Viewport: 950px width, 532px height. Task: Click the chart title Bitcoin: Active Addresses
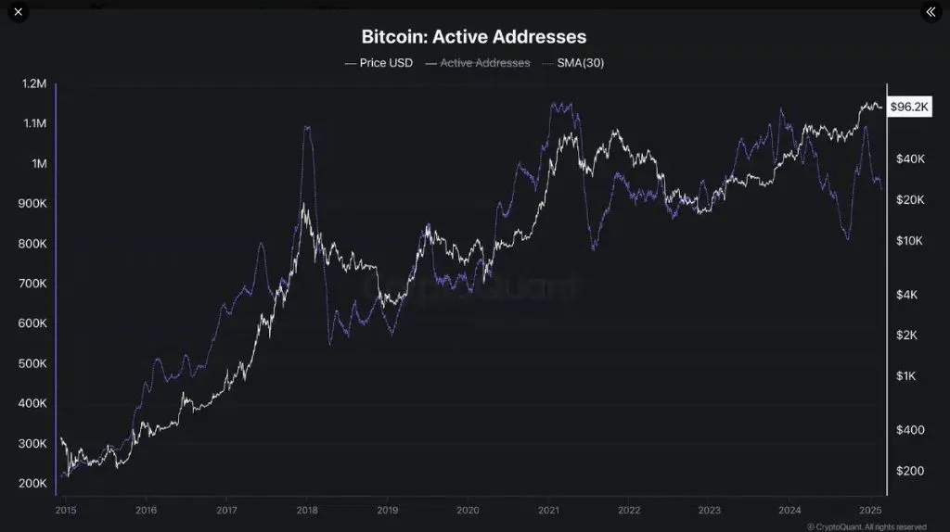pyautogui.click(x=473, y=37)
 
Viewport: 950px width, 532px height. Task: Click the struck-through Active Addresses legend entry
pyautogui.click(x=478, y=63)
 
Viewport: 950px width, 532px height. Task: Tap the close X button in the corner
pyautogui.click(x=18, y=12)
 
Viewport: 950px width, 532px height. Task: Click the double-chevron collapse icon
pyautogui.click(x=931, y=12)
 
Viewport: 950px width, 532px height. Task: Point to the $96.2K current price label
pyautogui.click(x=909, y=107)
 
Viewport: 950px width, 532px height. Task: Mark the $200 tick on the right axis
pyautogui.click(x=909, y=471)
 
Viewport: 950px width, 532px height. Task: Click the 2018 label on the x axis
pyautogui.click(x=306, y=510)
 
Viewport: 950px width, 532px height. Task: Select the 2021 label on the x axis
pyautogui.click(x=548, y=510)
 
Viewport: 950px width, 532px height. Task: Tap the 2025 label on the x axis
pyautogui.click(x=869, y=510)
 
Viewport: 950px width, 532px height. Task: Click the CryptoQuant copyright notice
pyautogui.click(x=866, y=526)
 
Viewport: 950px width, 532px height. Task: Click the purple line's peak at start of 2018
pyautogui.click(x=306, y=127)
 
